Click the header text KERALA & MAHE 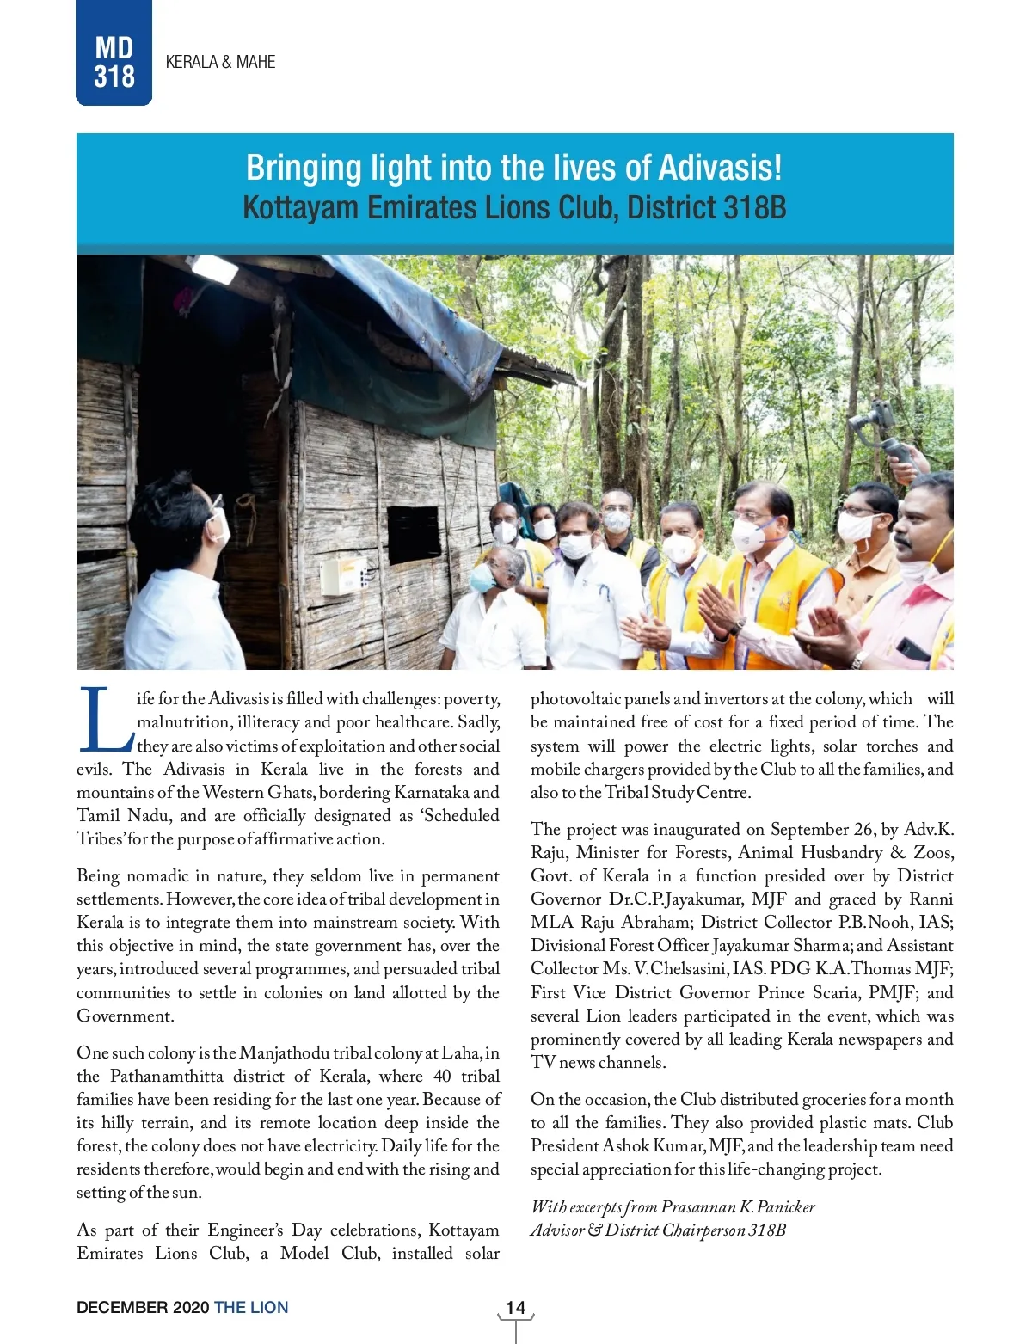(220, 62)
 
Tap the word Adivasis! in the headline (720, 168)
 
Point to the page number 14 (515, 1307)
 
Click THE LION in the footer (251, 1307)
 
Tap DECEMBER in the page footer (122, 1307)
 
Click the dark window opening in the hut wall (413, 533)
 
